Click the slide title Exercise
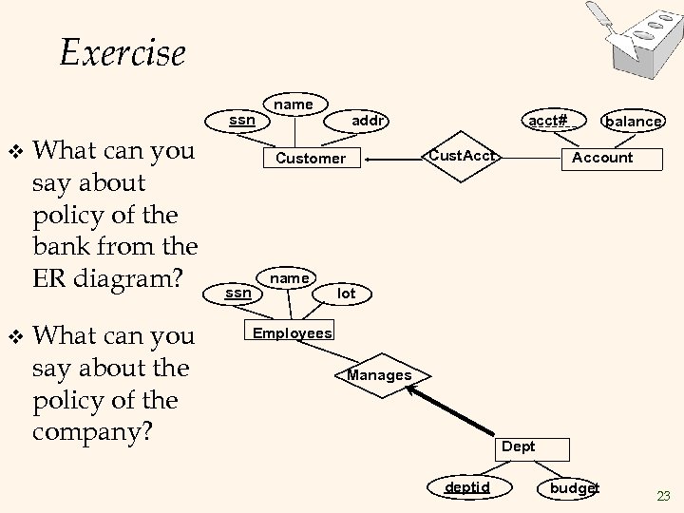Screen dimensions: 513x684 [123, 51]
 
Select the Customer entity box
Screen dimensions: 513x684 [311, 159]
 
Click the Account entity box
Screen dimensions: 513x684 [602, 158]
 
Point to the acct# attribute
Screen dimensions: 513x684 [548, 121]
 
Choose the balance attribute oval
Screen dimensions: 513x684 [634, 121]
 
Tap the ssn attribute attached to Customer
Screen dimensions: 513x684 [242, 120]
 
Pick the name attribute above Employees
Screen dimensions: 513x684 [289, 277]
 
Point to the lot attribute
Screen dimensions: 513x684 [347, 294]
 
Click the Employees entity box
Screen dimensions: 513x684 [292, 332]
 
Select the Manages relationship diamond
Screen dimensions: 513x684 [379, 375]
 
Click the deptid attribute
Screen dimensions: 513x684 [468, 487]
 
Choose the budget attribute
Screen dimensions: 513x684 [575, 487]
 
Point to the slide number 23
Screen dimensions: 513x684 [663, 495]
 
